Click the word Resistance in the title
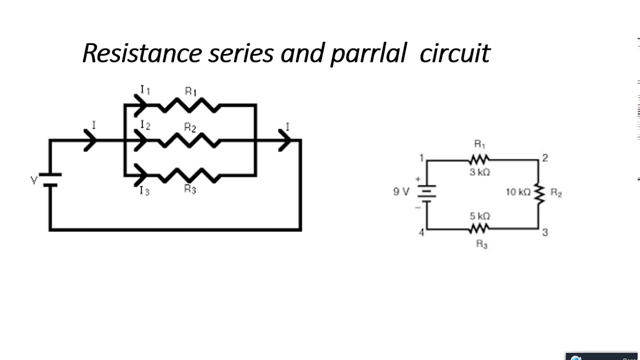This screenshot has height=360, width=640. tap(142, 53)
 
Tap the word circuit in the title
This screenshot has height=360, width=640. tap(454, 53)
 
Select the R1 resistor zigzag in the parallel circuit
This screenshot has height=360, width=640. tap(188, 105)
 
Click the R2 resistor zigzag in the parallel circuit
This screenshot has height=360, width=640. tap(188, 141)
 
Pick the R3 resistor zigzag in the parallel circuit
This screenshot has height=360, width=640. tap(188, 175)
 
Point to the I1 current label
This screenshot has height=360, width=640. tap(145, 90)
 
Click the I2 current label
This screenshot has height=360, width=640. tap(145, 125)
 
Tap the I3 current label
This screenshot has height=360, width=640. tap(144, 191)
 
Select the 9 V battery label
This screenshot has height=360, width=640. tap(401, 191)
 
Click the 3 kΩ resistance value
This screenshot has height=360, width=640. tap(479, 172)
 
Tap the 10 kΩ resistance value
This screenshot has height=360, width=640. tap(517, 192)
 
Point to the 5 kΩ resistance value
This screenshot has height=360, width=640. tap(479, 216)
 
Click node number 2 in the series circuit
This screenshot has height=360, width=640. tap(545, 158)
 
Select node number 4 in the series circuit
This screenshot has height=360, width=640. tap(421, 232)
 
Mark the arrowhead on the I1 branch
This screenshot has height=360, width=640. tap(140, 105)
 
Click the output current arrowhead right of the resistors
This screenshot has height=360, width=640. tap(285, 141)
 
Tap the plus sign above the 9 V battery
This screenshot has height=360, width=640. tap(418, 179)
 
